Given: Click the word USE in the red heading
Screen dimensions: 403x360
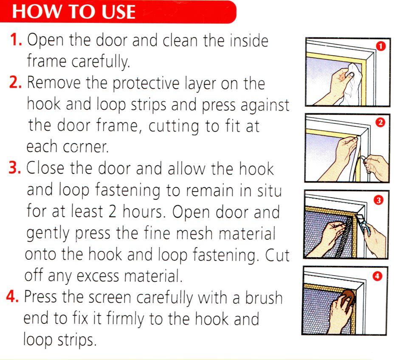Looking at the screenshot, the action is [x=118, y=12].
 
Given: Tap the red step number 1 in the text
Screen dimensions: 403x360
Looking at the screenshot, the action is [x=16, y=40].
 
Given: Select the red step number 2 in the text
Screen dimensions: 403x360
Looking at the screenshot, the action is [x=15, y=82].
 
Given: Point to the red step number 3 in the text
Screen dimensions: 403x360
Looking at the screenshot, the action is [x=15, y=168].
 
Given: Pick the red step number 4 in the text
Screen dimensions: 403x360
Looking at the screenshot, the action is [x=12, y=296].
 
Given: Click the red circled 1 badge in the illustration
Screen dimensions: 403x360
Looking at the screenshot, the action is [x=380, y=46].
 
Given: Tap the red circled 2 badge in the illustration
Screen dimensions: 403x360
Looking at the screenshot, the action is [x=380, y=122].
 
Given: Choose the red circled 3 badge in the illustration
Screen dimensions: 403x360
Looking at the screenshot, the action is [x=379, y=200].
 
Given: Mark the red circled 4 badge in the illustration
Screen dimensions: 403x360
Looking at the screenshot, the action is [x=377, y=276].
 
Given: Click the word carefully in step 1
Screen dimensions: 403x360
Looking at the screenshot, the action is [x=101, y=62].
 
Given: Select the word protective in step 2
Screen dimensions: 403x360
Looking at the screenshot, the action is [x=146, y=83].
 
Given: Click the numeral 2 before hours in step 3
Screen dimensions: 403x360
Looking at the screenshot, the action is [x=113, y=212].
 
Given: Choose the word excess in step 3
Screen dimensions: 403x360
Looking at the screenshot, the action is [x=98, y=276].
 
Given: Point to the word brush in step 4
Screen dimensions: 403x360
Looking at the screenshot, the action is [x=264, y=297].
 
